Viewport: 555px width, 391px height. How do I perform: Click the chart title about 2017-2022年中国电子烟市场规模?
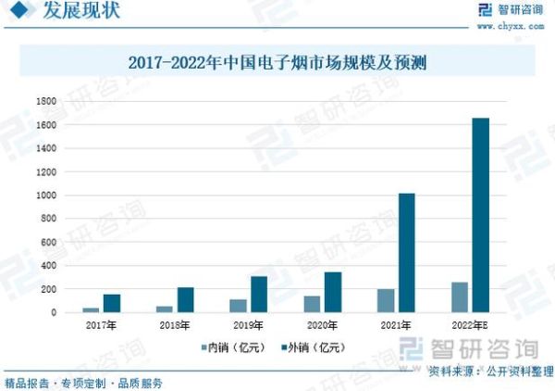(x=277, y=64)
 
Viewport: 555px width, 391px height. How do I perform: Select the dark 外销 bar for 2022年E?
(x=481, y=215)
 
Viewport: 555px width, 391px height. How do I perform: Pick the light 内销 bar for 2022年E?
(x=460, y=297)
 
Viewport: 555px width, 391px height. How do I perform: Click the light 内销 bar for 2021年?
(x=386, y=301)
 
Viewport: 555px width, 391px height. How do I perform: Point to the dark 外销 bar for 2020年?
(x=333, y=293)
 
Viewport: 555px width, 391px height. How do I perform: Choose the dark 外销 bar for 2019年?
(x=259, y=295)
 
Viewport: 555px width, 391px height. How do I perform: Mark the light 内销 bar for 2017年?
(x=91, y=309)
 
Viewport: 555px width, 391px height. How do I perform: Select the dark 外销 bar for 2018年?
(x=186, y=300)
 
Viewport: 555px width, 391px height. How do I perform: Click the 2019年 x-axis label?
(x=248, y=326)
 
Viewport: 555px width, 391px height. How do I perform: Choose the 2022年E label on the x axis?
(x=471, y=326)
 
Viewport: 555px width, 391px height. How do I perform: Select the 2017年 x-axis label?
(x=101, y=326)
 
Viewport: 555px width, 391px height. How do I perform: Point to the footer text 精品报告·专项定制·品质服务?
(x=84, y=382)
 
